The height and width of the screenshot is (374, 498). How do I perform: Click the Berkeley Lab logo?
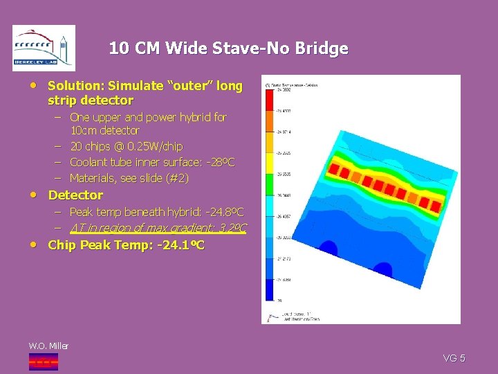(x=44, y=48)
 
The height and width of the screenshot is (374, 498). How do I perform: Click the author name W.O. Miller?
(x=48, y=346)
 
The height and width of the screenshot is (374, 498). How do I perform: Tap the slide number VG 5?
(x=454, y=358)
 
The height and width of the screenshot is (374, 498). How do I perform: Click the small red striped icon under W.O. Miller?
(x=43, y=361)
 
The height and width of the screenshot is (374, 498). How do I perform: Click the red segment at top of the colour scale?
(x=269, y=100)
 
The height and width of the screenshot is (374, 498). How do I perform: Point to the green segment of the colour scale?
(x=269, y=184)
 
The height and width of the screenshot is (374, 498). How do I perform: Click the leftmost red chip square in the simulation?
(x=333, y=168)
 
